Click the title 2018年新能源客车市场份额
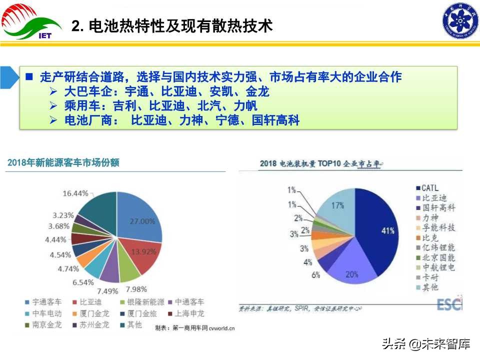[63, 162]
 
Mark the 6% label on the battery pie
[315, 274]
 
